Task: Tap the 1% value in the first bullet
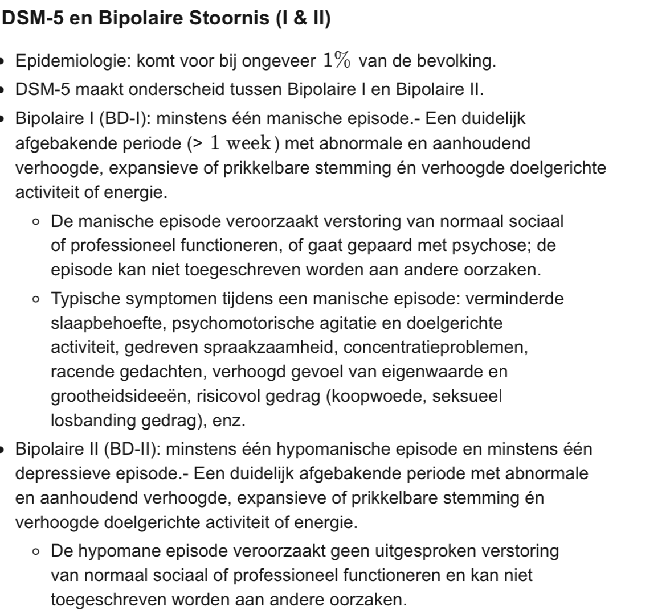pyautogui.click(x=337, y=60)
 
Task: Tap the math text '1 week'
pyautogui.click(x=240, y=143)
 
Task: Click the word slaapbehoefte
pyautogui.click(x=106, y=323)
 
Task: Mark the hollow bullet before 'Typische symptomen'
pyautogui.click(x=36, y=299)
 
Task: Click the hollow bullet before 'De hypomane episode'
pyautogui.click(x=36, y=551)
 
